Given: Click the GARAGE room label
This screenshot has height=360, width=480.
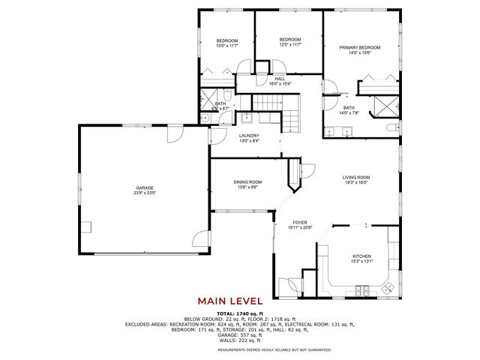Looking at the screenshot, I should point(145,187).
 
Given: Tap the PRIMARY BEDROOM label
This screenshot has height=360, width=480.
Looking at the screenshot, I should point(355,47).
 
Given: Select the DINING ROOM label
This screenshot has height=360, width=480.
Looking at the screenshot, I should point(247,181).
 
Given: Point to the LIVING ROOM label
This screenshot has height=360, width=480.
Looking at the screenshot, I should point(356,177).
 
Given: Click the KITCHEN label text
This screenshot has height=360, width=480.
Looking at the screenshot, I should point(361,256).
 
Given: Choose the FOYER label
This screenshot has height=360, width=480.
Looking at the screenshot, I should point(300,223).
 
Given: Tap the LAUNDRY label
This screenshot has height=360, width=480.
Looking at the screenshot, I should point(249,136).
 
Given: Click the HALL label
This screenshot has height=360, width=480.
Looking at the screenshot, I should point(280,79).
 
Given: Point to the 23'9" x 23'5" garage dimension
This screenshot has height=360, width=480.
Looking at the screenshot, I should point(145,193).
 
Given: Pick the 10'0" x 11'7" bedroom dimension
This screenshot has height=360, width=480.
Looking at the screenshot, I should point(227,45).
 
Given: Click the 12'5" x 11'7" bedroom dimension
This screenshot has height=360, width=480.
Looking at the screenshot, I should point(290,45).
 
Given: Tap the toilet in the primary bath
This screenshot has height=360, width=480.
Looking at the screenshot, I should point(391,129).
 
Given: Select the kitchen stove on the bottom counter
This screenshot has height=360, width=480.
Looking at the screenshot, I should point(361,289).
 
